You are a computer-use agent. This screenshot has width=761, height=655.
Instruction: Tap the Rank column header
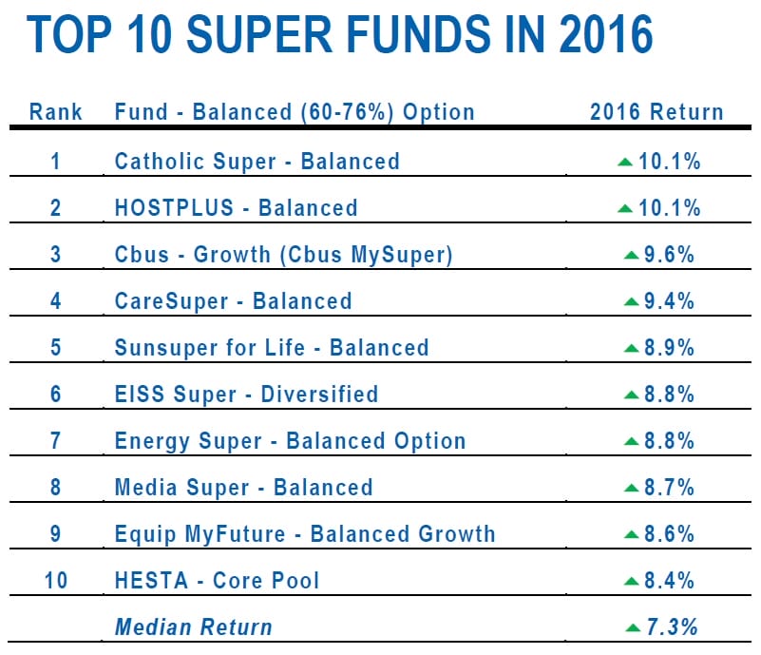56,111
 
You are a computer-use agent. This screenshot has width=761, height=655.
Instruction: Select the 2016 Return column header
656,111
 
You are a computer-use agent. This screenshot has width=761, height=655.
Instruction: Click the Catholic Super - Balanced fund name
257,161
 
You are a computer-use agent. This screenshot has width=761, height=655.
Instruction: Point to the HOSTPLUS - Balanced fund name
236,207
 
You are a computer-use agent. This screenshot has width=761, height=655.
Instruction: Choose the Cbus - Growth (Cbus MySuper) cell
283,255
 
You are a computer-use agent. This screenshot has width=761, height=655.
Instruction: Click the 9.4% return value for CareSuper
669,301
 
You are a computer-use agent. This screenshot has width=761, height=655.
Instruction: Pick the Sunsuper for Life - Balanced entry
272,347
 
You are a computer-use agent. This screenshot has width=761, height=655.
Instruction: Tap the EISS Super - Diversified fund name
246,394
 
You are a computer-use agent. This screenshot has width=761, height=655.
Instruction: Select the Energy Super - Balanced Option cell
290,441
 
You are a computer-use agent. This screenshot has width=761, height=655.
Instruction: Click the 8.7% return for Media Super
669,488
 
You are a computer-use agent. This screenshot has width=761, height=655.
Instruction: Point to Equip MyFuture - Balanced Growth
305,533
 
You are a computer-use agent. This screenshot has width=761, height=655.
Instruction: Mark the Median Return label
193,626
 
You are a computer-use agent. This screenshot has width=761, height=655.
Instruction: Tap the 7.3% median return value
671,626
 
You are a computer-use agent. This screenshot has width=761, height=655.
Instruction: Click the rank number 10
56,580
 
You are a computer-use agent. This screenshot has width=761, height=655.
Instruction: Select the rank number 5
56,347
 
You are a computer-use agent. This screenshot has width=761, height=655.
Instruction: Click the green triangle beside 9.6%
631,255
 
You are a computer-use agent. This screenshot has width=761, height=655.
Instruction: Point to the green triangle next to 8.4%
631,580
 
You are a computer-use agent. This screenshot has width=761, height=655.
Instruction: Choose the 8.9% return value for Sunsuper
669,347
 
